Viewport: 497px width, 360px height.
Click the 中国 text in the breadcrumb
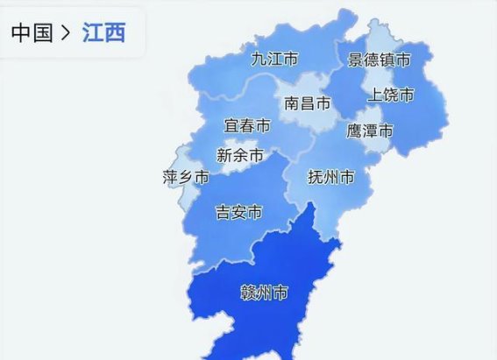(32, 34)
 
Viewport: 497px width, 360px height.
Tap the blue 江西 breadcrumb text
(104, 34)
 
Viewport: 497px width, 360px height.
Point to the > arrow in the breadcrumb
(67, 34)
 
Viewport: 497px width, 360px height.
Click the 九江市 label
(273, 60)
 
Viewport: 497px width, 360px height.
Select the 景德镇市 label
(379, 60)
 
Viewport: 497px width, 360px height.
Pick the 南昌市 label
(308, 103)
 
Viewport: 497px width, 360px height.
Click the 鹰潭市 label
(370, 131)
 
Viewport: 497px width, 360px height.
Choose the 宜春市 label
(246, 127)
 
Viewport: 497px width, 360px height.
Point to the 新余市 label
(239, 156)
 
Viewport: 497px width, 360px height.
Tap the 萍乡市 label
(186, 178)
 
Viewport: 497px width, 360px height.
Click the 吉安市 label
(238, 212)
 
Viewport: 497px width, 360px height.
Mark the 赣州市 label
(264, 293)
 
